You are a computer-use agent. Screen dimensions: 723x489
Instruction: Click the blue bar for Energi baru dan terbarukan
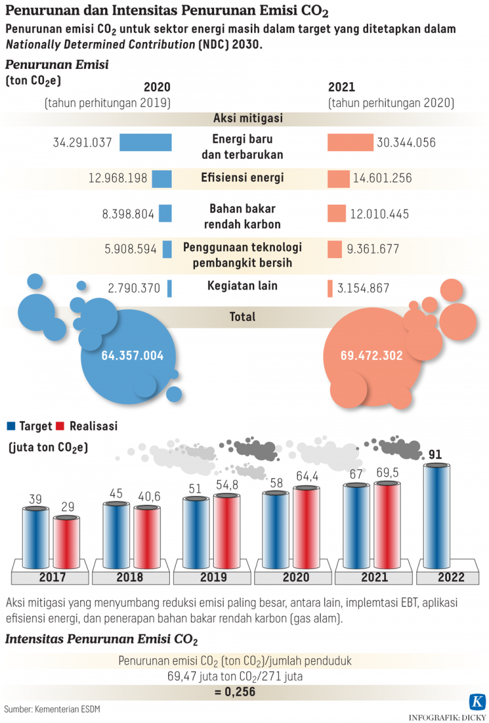pyautogui.click(x=145, y=143)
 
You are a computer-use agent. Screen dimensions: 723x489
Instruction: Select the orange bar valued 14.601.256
pyautogui.click(x=338, y=179)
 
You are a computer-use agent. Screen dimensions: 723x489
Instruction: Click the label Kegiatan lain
pyautogui.click(x=243, y=285)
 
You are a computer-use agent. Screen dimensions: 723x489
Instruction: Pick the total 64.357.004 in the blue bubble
pyautogui.click(x=132, y=355)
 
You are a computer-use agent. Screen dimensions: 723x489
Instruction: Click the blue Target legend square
pyautogui.click(x=10, y=426)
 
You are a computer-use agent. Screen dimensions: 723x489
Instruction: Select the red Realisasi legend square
pyautogui.click(x=61, y=426)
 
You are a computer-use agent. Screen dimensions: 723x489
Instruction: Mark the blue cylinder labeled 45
pyautogui.click(x=117, y=535)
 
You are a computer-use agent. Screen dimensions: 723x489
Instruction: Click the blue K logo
pyautogui.click(x=476, y=702)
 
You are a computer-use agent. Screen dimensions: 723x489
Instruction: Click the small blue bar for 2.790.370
pyautogui.click(x=169, y=289)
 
